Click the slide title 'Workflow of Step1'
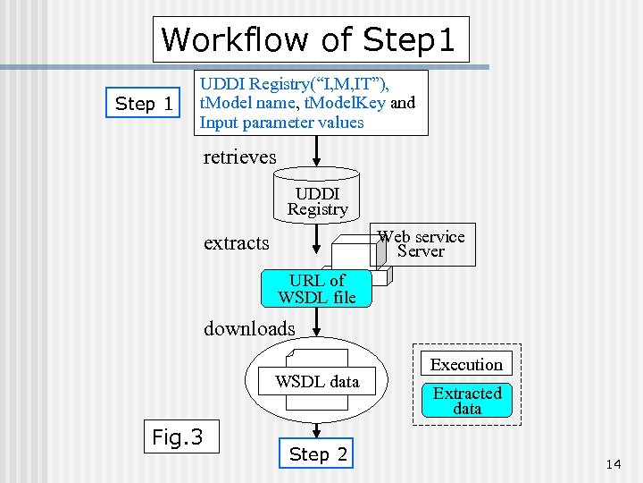[309, 39]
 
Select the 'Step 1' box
[144, 104]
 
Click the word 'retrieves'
[239, 157]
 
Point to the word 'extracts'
[236, 242]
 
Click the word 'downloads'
[248, 328]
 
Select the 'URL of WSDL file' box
[317, 288]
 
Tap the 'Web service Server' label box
[421, 244]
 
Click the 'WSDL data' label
[317, 382]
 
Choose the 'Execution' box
[466, 364]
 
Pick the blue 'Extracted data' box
[467, 400]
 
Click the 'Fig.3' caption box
[177, 437]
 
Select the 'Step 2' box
[318, 454]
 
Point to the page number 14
[613, 463]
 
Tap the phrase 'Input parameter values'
[281, 123]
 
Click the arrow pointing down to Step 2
[317, 428]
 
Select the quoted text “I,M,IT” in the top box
[349, 84]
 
